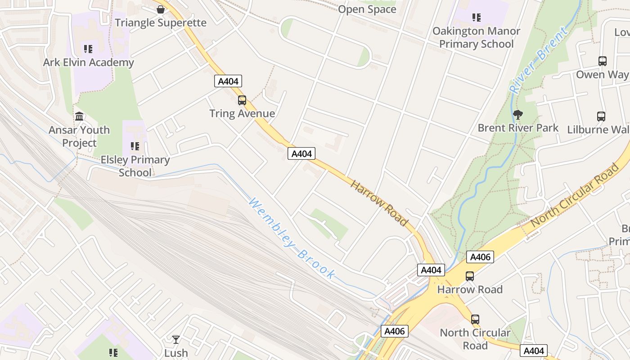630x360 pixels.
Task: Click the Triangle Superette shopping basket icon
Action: point(161,9)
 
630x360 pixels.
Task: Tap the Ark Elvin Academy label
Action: point(88,62)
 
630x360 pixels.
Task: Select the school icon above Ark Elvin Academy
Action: point(88,49)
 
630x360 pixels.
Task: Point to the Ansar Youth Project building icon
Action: point(80,117)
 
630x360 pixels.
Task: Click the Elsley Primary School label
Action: point(135,166)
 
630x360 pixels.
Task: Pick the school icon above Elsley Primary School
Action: point(135,146)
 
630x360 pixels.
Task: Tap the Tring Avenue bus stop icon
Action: point(242,100)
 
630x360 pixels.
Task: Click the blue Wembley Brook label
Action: point(292,238)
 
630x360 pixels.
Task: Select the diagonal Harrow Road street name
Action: point(379,203)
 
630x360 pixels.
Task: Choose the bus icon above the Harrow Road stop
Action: point(470,276)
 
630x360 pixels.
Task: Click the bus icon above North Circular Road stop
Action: point(475,319)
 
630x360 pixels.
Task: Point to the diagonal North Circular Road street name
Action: point(575,195)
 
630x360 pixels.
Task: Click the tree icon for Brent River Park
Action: point(518,115)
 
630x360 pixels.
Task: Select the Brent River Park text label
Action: point(518,128)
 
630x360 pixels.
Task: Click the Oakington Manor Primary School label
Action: point(476,37)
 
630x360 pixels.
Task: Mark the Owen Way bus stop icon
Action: point(603,61)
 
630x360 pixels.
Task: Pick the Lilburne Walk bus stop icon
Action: point(601,117)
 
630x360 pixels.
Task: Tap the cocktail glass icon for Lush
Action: point(176,339)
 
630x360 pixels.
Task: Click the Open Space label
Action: point(367,9)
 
